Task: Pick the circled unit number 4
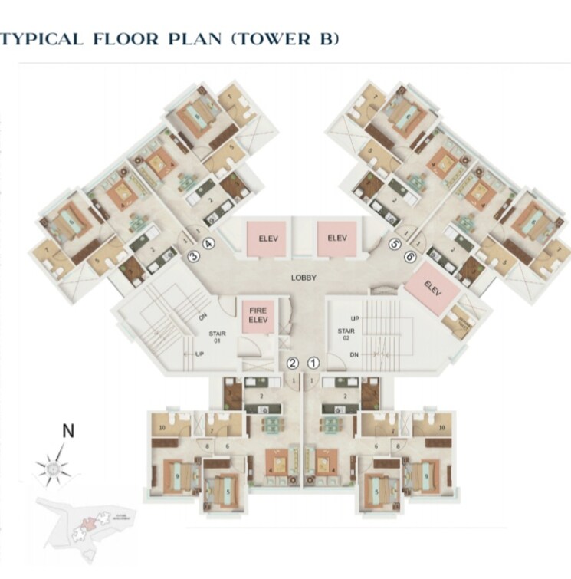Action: click(208, 245)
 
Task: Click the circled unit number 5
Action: click(395, 245)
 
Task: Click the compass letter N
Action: click(68, 431)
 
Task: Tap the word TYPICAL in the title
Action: click(42, 39)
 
